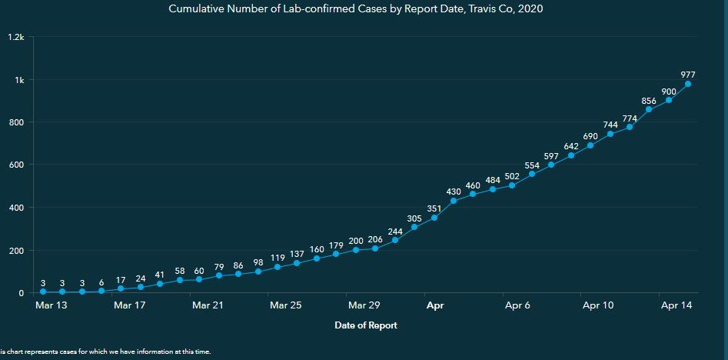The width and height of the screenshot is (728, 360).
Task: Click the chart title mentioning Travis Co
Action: coord(364,8)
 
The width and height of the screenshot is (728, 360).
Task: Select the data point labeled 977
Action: coord(688,84)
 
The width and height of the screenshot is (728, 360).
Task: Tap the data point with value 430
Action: coord(454,201)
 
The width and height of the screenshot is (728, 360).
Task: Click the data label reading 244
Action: coord(395,231)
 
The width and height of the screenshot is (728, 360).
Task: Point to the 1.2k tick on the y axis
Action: coord(16,38)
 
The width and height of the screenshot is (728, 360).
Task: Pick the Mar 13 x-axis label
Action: coord(52,305)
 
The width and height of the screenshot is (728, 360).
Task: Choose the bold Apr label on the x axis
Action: coord(434,305)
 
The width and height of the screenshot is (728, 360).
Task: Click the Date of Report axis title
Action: coord(366,325)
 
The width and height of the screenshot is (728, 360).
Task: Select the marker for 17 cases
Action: coord(121,288)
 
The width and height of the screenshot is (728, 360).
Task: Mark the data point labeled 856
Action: coord(649,109)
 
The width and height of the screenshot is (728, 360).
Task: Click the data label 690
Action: coord(590,135)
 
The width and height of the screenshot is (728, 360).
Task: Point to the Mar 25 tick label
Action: coord(286,305)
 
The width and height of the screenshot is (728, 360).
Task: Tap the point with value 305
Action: coord(414,227)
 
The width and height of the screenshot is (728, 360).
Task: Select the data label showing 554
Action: coord(532,165)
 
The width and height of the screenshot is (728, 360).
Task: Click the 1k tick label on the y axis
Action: coord(18,80)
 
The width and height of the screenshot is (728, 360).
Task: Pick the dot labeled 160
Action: coord(317,258)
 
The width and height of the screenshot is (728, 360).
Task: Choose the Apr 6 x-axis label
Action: coord(517,305)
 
